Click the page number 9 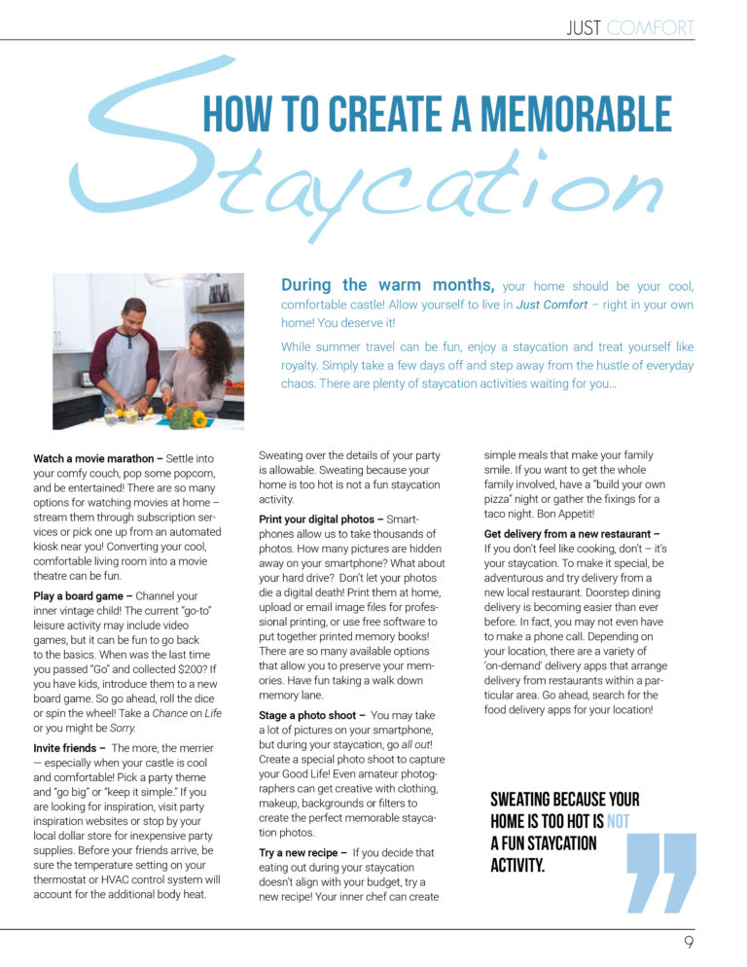[x=688, y=943]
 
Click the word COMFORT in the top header [x=651, y=28]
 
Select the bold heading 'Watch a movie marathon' [x=92, y=458]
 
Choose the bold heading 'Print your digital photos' [x=318, y=519]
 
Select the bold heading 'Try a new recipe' [x=299, y=852]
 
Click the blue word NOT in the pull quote [x=618, y=822]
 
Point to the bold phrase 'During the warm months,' [x=388, y=285]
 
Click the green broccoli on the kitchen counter [x=180, y=417]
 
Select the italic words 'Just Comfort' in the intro [x=551, y=304]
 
